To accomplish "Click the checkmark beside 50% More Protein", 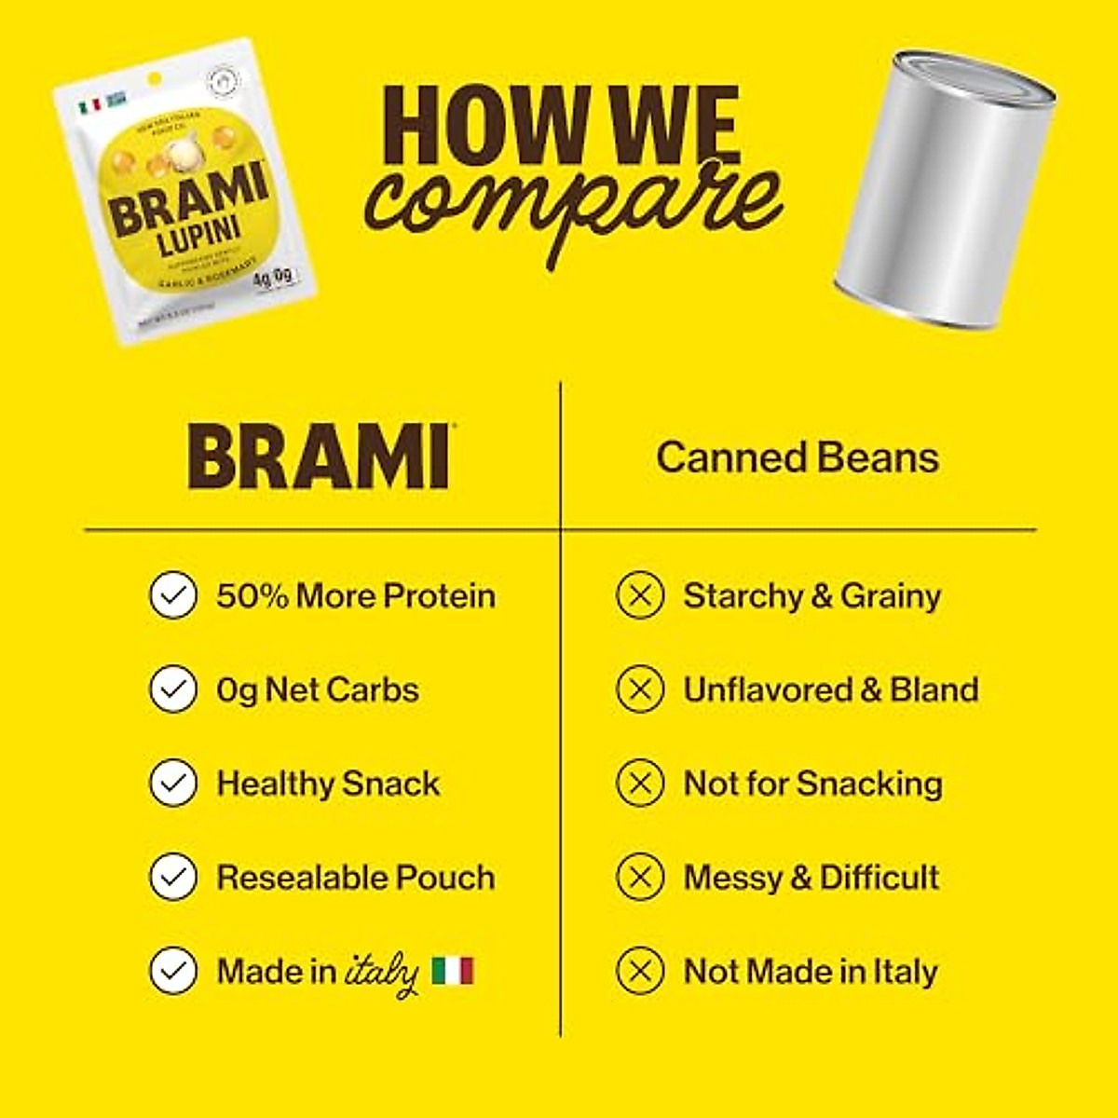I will [173, 595].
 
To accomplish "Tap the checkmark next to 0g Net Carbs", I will [173, 689].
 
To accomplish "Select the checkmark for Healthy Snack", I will [173, 783].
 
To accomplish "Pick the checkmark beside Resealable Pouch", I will [173, 877].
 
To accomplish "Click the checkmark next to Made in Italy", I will [173, 971].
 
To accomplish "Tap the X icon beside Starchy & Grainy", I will [640, 595].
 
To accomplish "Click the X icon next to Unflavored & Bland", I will [640, 689].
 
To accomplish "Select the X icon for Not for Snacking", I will [640, 783].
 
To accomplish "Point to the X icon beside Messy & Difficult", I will [640, 877].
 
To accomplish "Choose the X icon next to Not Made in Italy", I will [640, 971].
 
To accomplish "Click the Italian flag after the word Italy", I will [453, 971].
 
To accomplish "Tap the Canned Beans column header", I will [798, 457].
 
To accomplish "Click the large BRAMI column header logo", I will [320, 457].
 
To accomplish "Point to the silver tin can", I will [943, 191].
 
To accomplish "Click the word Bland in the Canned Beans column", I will [934, 689].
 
